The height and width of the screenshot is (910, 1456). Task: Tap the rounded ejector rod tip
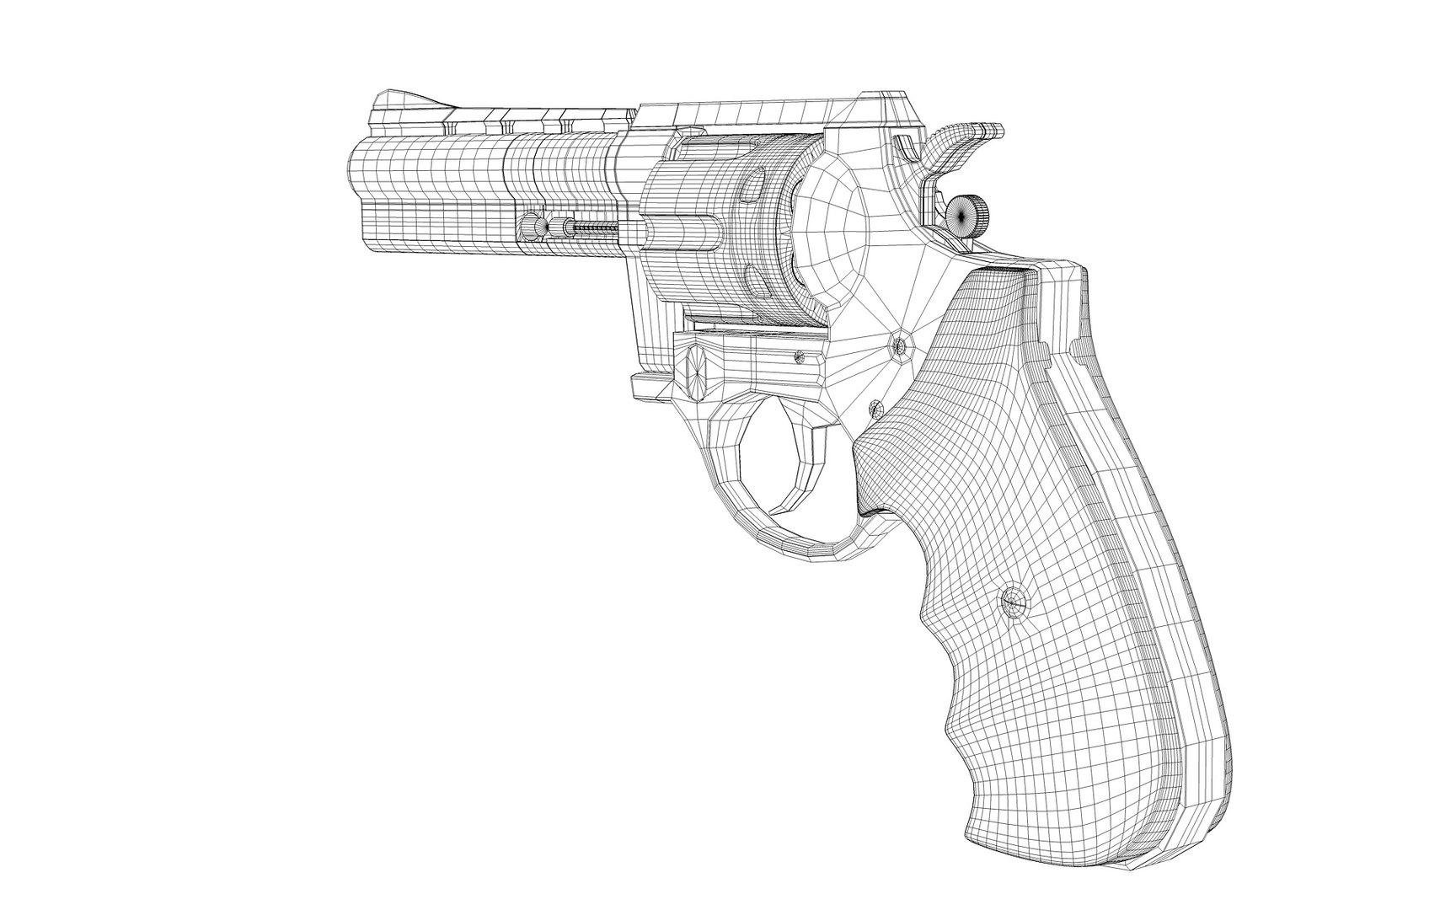click(530, 227)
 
